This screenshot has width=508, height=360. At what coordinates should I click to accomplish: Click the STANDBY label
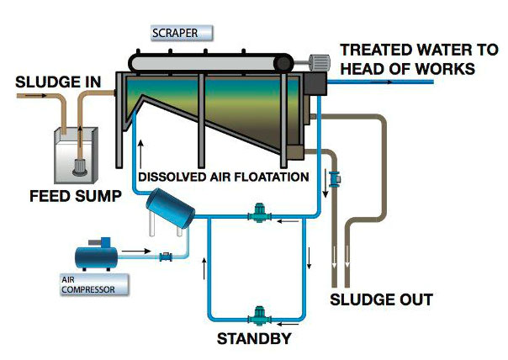255,339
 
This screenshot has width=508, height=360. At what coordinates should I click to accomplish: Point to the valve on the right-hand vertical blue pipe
334,177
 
